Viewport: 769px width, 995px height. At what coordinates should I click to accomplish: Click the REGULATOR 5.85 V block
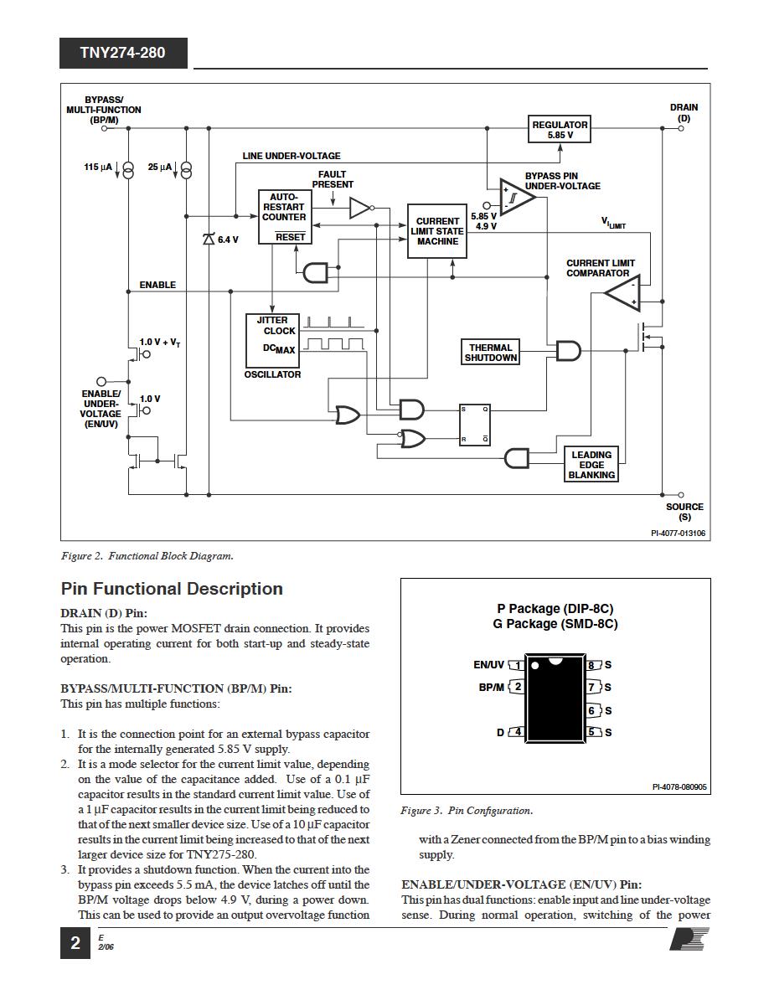pyautogui.click(x=560, y=129)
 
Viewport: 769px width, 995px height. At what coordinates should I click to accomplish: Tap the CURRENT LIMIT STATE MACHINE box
pyautogui.click(x=436, y=231)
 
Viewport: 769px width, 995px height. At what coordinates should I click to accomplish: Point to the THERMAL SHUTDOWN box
pyautogui.click(x=491, y=353)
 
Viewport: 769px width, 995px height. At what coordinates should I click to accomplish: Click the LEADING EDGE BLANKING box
pyautogui.click(x=591, y=465)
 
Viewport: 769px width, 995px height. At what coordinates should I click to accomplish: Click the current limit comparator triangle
pyautogui.click(x=623, y=294)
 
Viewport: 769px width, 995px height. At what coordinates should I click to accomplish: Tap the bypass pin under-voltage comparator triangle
pyautogui.click(x=515, y=198)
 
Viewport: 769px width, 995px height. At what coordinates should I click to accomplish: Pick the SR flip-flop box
pyautogui.click(x=474, y=425)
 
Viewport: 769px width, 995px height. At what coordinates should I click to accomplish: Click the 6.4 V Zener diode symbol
pyautogui.click(x=209, y=239)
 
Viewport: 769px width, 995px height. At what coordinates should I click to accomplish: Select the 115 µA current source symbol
pyautogui.click(x=127, y=169)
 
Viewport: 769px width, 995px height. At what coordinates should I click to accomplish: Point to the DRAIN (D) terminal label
pyautogui.click(x=684, y=113)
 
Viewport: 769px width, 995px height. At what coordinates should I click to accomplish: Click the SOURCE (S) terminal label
pyautogui.click(x=684, y=512)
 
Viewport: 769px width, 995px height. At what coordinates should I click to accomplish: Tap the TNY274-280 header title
pyautogui.click(x=123, y=53)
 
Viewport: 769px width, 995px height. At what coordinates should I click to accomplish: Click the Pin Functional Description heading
pyautogui.click(x=172, y=589)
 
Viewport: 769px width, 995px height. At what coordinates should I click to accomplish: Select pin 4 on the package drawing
pyautogui.click(x=517, y=732)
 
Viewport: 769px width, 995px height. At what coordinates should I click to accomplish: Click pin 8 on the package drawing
pyautogui.click(x=593, y=665)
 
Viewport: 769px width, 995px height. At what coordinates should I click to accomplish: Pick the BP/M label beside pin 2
pyautogui.click(x=491, y=687)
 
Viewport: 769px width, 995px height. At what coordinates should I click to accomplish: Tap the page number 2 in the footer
pyautogui.click(x=75, y=943)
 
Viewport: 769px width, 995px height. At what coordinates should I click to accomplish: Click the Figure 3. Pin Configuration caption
pyautogui.click(x=467, y=811)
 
